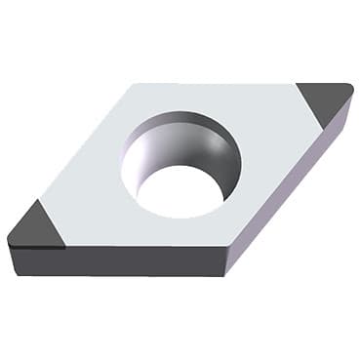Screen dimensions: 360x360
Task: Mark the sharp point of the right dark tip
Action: click(349, 89)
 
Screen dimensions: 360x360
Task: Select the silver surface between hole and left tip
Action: click(88, 195)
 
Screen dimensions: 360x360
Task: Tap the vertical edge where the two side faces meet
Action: click(230, 260)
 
